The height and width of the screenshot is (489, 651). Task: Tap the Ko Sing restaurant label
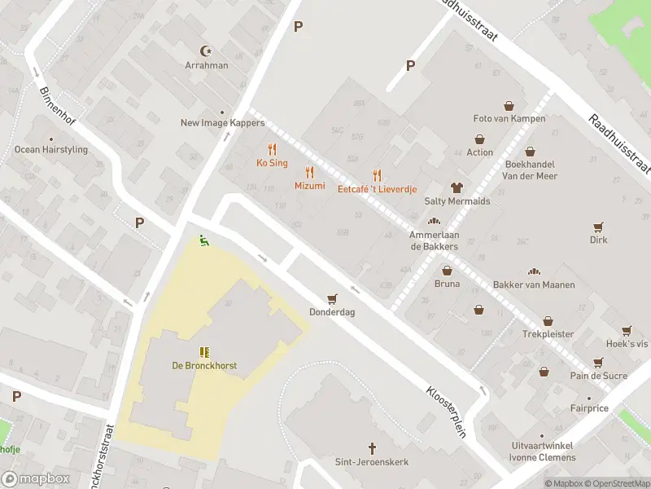[x=272, y=163]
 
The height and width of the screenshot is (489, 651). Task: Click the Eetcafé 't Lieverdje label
[x=377, y=189]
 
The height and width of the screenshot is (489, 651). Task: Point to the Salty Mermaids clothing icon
[x=457, y=187]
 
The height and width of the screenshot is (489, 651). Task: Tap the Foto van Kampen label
[x=509, y=119]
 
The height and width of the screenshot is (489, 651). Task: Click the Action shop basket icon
[x=480, y=139]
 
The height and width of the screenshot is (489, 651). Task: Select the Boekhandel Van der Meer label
[x=530, y=170]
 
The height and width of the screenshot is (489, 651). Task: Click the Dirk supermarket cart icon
[x=599, y=227]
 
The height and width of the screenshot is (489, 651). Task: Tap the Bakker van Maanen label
[x=534, y=284]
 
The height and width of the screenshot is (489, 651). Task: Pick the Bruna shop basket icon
[x=447, y=270]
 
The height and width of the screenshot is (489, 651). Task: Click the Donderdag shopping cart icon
[x=331, y=299]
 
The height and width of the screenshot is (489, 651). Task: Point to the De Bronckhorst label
[x=204, y=366]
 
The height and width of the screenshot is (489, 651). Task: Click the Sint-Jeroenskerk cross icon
[x=373, y=448]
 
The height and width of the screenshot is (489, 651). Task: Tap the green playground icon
[x=203, y=240]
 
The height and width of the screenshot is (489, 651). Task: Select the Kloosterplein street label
[x=446, y=412]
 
